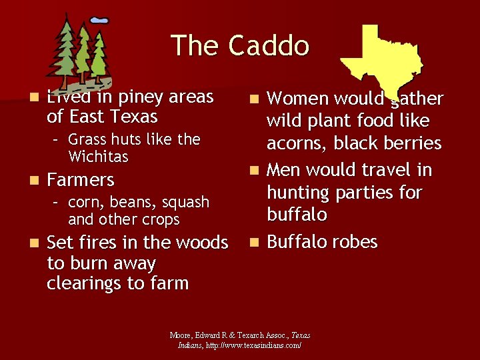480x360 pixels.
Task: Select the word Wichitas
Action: [98, 157]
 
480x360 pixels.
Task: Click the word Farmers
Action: [81, 180]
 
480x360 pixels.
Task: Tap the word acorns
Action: [296, 143]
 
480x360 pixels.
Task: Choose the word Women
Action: [299, 99]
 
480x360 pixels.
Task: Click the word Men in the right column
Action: [284, 171]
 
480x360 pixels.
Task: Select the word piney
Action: [131, 97]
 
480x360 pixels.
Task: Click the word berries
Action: [413, 143]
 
